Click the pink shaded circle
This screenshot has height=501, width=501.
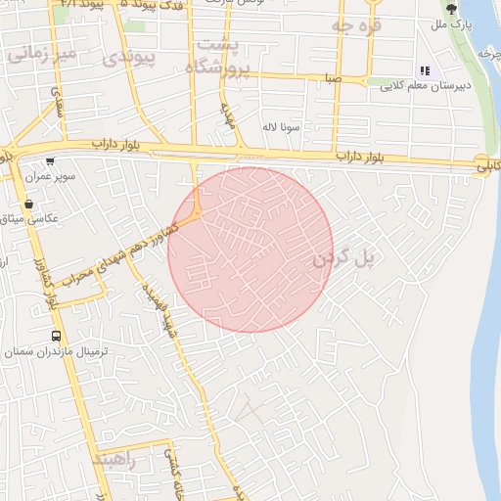click(250, 250)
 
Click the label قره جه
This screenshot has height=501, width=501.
click(354, 24)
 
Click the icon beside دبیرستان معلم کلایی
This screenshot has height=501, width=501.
click(425, 70)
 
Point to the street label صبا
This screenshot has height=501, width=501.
click(335, 76)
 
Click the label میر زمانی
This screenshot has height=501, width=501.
click(40, 54)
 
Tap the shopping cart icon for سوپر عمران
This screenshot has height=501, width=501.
click(50, 163)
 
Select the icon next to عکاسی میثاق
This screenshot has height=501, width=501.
click(28, 205)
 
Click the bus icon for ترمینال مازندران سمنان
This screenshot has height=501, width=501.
click(57, 335)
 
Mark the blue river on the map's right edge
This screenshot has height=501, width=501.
click(485, 294)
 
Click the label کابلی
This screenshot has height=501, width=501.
click(486, 167)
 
